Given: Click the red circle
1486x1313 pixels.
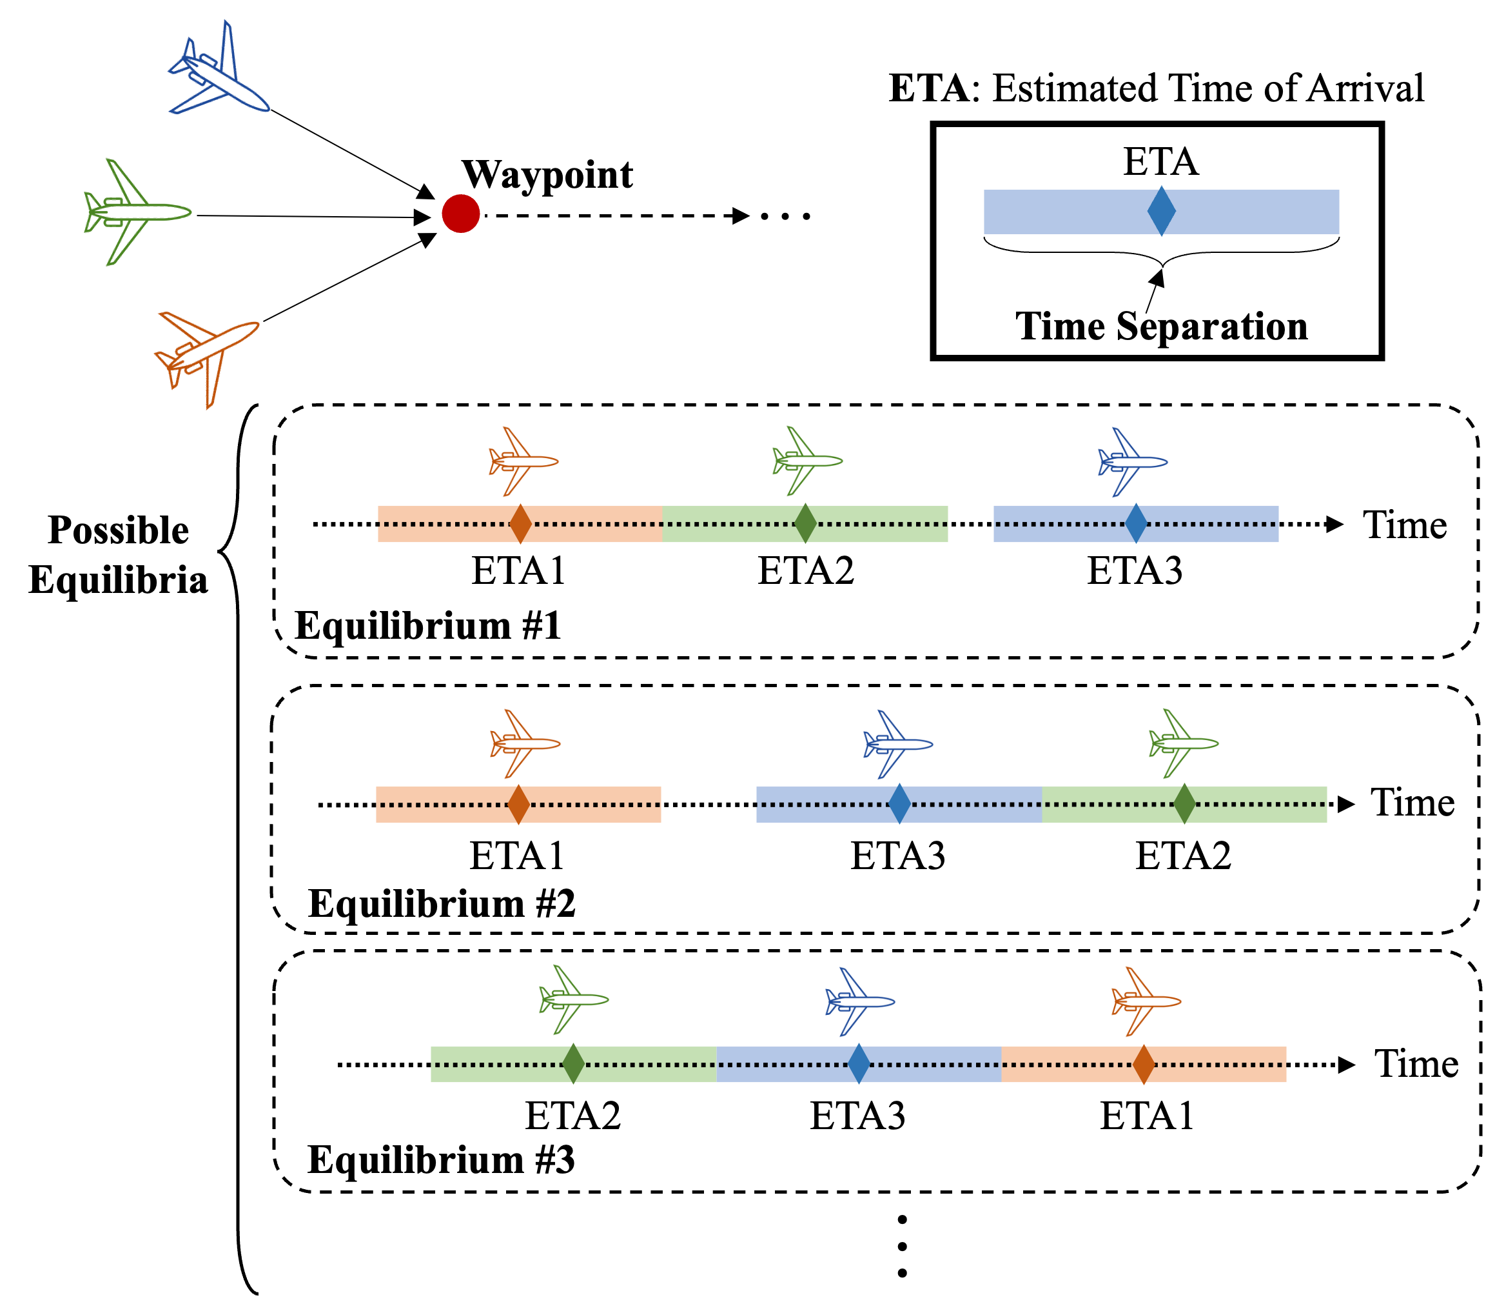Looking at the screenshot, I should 461,214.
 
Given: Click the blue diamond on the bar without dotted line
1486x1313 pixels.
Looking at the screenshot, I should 1161,211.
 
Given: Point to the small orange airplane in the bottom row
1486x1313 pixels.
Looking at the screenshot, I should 1145,1001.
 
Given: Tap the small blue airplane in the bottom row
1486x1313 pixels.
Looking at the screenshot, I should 859,1001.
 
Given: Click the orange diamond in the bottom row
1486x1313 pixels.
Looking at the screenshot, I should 1144,1064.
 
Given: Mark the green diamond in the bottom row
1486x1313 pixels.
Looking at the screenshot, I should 574,1063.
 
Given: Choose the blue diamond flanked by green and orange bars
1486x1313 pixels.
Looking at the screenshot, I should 859,1063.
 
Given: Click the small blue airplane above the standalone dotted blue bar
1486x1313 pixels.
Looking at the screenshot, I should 1131,462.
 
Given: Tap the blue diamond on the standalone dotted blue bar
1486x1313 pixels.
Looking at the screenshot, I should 1135,523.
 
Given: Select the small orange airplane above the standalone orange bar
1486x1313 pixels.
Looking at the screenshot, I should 524,744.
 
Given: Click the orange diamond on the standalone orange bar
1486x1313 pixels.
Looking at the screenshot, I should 518,805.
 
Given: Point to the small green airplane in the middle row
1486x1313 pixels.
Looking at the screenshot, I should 1182,743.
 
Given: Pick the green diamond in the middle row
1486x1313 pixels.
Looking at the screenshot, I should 1184,804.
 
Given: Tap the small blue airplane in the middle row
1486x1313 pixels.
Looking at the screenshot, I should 897,744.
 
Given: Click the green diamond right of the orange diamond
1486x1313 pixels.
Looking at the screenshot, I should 805,523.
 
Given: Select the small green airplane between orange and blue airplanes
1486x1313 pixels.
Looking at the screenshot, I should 807,461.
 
